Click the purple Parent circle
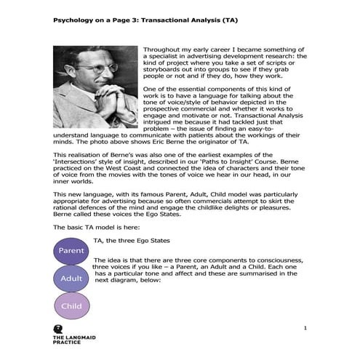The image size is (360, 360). (x=72, y=251)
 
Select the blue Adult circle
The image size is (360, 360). (x=71, y=278)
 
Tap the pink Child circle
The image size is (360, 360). (x=71, y=306)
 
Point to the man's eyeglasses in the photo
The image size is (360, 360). (x=89, y=68)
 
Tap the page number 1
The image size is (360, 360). (x=306, y=329)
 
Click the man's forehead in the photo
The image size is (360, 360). (x=87, y=57)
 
